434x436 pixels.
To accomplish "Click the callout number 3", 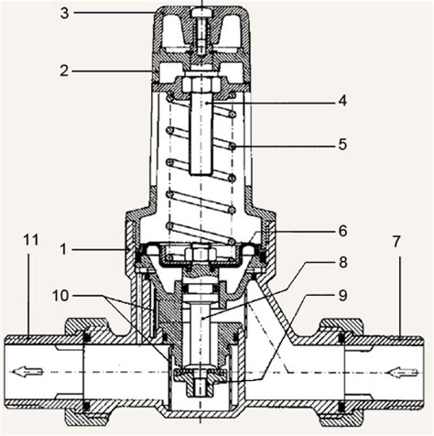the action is click(64, 14).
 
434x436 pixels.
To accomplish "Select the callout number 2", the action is click(64, 71).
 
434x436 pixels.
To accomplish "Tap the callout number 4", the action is click(342, 101).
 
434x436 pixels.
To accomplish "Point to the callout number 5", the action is click(342, 144).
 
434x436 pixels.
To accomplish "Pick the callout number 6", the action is click(342, 231).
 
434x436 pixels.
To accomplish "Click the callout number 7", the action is click(396, 242).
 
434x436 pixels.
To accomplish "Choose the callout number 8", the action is click(343, 262).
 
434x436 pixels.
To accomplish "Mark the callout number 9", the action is click(342, 295).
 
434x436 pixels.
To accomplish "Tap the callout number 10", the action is click(60, 296).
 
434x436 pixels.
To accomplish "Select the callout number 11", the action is click(31, 240).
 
